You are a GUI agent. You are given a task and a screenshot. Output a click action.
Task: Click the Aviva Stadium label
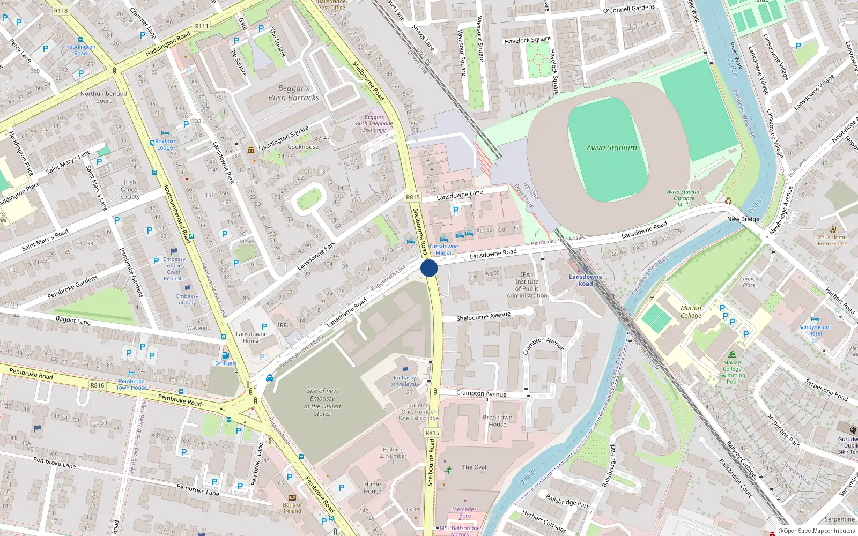[611, 147]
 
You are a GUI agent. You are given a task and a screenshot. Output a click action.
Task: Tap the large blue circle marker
[429, 268]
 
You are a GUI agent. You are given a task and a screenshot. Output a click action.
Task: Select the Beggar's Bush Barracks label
[294, 93]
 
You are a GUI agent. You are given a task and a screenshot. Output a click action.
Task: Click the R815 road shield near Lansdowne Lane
[412, 197]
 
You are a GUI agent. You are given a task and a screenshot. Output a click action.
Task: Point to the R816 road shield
[97, 385]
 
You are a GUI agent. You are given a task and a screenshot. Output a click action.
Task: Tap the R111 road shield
[202, 26]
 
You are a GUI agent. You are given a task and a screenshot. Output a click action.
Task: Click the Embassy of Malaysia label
[405, 381]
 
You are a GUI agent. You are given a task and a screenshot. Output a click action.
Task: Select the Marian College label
[691, 311]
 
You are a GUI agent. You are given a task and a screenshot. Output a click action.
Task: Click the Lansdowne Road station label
[585, 280]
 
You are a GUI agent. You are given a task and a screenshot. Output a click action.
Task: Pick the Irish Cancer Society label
[130, 189]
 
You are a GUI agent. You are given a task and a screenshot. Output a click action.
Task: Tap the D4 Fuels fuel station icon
[225, 355]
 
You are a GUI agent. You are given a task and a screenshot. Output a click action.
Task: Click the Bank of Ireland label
[292, 508]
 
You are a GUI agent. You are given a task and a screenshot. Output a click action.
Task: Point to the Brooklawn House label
[497, 421]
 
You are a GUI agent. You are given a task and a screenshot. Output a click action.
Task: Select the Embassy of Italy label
[187, 299]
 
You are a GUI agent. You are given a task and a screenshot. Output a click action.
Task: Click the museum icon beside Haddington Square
[251, 150]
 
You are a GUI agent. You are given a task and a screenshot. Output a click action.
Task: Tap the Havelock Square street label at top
[527, 40]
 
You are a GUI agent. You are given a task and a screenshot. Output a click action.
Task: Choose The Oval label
[474, 467]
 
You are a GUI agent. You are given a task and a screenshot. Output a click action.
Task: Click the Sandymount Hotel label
[815, 330]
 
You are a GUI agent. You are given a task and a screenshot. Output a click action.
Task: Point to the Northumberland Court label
[103, 97]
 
